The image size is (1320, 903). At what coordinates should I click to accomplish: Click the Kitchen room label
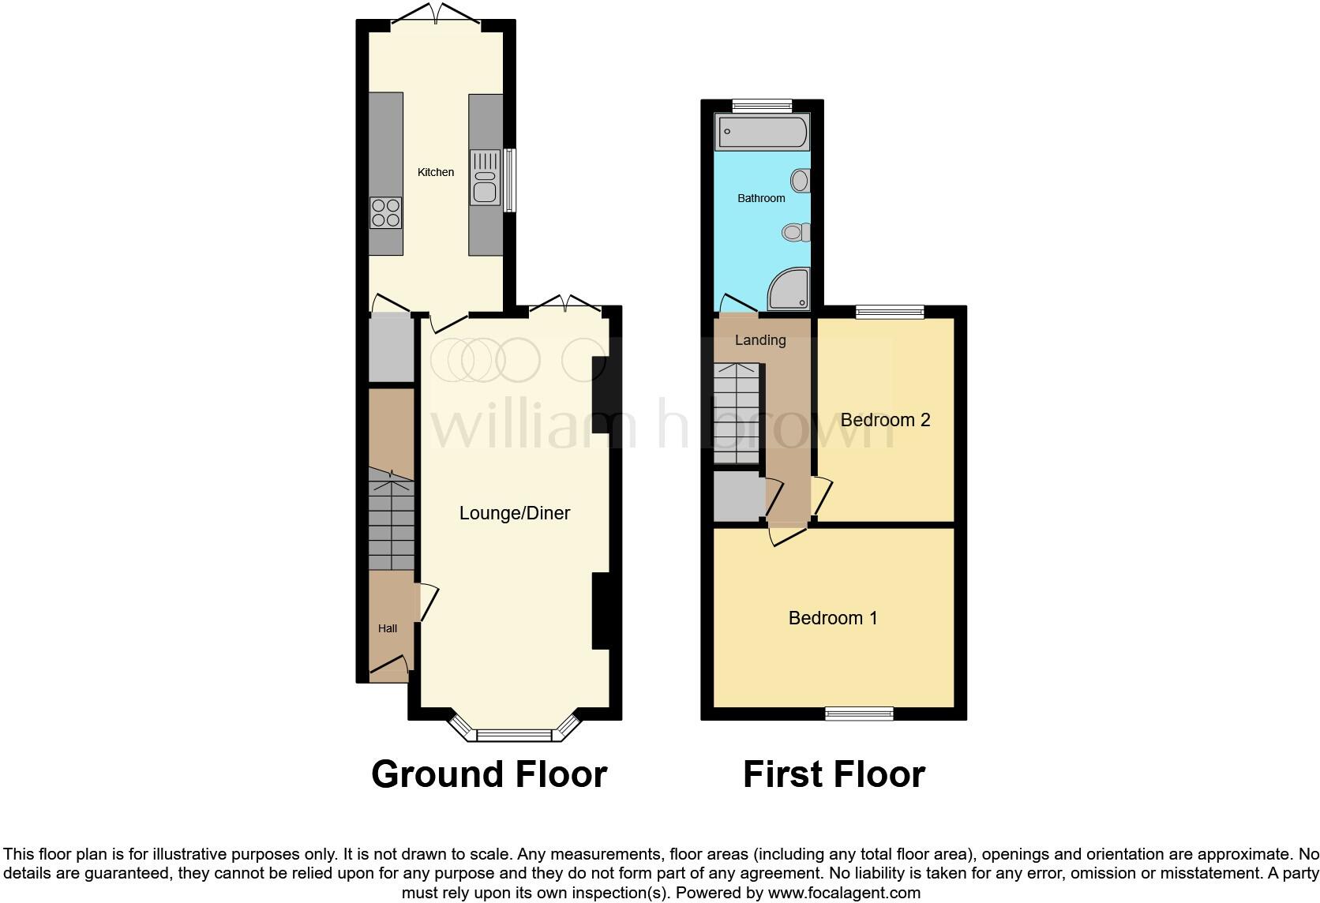tap(436, 172)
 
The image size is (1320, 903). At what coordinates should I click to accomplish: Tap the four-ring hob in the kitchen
tap(386, 212)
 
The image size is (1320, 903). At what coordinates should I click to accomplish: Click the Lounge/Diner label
tap(515, 513)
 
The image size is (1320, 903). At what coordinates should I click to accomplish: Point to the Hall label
tap(388, 628)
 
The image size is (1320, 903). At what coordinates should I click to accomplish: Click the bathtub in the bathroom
tap(762, 132)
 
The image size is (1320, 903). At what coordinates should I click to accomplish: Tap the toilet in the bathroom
tap(797, 232)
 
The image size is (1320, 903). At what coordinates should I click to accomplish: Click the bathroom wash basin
tap(801, 181)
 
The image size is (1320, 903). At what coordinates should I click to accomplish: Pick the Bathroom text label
tap(761, 198)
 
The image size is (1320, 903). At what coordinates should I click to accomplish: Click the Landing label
tap(760, 340)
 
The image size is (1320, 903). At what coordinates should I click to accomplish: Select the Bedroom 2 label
tap(885, 420)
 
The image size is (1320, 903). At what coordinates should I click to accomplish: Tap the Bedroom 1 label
tap(833, 618)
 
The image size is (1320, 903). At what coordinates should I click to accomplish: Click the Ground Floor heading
tap(489, 774)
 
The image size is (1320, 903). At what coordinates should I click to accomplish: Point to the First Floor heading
tap(834, 774)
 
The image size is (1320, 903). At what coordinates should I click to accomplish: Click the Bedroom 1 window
tap(860, 714)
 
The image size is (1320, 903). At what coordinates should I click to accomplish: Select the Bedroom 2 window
tap(890, 312)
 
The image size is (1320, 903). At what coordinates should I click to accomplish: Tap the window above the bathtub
tap(762, 105)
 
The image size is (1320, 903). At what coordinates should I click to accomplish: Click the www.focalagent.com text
tap(844, 893)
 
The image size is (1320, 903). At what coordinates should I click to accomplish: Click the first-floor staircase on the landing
tap(736, 414)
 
